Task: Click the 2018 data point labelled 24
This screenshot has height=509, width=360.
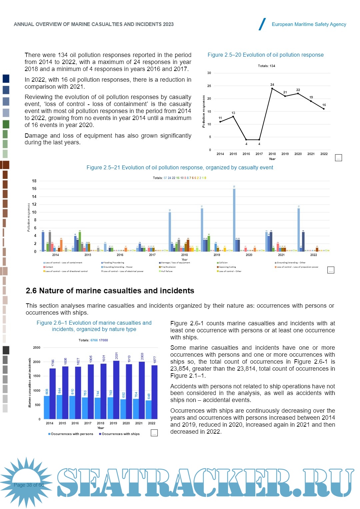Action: coord(272,88)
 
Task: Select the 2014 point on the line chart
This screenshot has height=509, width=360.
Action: coord(220,122)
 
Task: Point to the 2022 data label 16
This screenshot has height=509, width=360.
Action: coord(324,105)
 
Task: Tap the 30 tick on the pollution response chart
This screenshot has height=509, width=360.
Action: coord(209,73)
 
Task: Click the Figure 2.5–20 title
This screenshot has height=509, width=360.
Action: coord(265,55)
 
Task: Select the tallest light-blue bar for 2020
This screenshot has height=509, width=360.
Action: coord(234,220)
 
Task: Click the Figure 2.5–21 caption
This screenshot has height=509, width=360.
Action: coord(180,168)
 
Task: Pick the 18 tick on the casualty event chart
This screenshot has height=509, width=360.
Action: coord(34,181)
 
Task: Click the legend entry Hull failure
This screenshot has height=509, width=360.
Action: coord(166,271)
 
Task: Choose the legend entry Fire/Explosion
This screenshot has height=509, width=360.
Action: coord(168,267)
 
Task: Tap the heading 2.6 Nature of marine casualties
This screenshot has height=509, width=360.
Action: coord(110,291)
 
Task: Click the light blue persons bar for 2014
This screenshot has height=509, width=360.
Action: coord(47,407)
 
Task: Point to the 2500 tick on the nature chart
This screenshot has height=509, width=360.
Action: coord(37,348)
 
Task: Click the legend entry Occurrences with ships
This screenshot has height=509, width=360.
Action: coord(120,434)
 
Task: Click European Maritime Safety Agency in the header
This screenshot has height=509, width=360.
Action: coord(309,24)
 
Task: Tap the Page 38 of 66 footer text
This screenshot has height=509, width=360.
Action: coord(29,485)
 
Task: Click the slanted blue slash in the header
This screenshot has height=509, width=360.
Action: coord(262,24)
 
